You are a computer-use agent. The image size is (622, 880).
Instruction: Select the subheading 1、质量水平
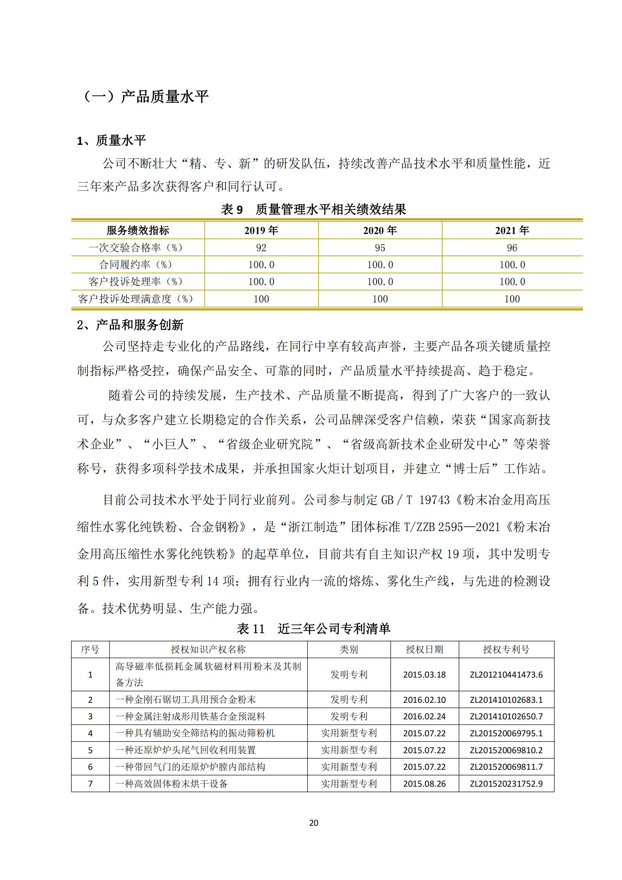[x=111, y=141]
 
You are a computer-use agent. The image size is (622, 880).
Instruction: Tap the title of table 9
[x=313, y=209]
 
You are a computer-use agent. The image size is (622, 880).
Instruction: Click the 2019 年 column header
[x=261, y=230]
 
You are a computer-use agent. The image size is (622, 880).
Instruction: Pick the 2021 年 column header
[x=512, y=230]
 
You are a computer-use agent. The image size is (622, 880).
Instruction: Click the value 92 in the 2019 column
[x=261, y=248]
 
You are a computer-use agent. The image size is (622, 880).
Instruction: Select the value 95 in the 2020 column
[x=380, y=248]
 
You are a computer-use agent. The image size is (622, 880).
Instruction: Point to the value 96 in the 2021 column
[x=512, y=248]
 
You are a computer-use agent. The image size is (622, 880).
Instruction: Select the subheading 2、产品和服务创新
[x=130, y=325]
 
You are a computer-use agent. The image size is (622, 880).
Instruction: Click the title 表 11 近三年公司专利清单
[x=313, y=629]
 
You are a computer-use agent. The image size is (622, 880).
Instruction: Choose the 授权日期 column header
[x=424, y=649]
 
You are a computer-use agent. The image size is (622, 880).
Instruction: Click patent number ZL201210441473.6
[x=506, y=675]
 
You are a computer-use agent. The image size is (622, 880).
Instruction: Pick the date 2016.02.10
[x=424, y=699]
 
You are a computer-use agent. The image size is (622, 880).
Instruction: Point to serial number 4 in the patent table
[x=90, y=733]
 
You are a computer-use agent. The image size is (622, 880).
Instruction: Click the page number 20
[x=313, y=823]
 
